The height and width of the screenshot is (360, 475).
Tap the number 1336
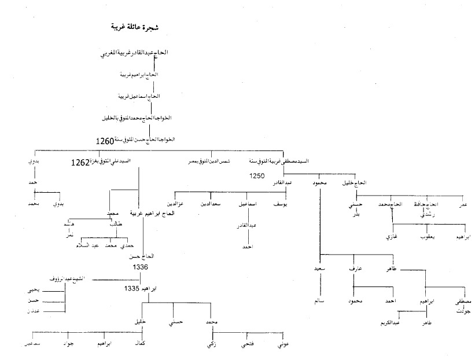[x=141, y=267]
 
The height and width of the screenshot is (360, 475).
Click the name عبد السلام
[x=88, y=245]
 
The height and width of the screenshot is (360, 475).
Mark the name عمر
[x=462, y=204]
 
